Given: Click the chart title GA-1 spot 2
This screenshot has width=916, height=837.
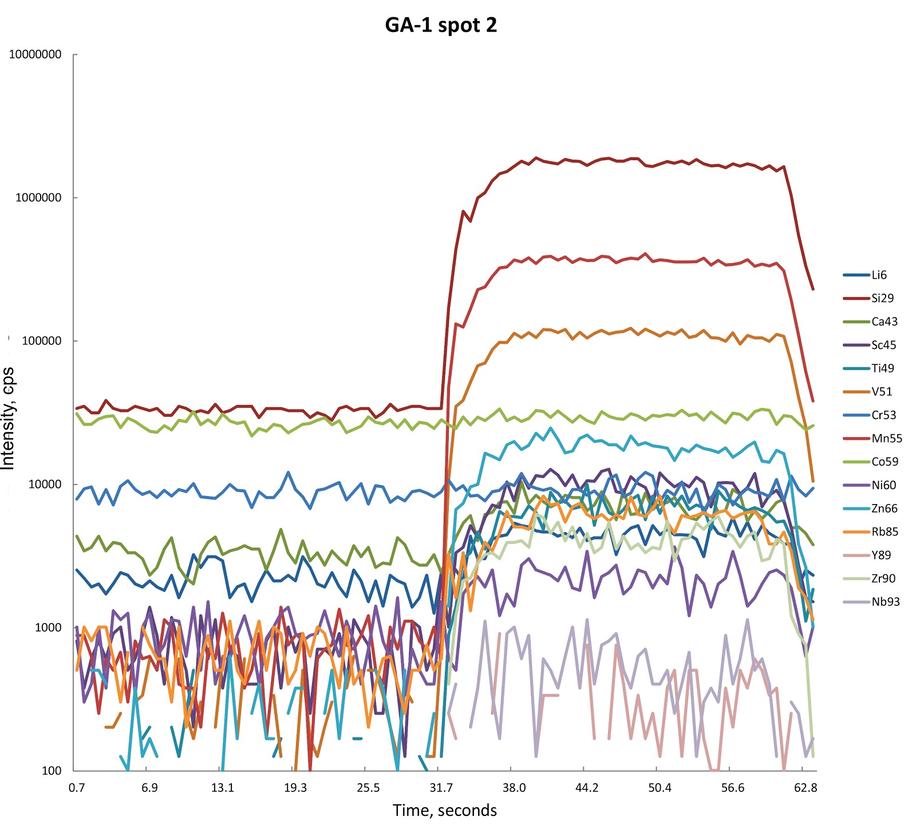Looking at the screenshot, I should (x=441, y=26).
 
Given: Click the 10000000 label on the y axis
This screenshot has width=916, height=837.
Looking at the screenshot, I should (x=35, y=55).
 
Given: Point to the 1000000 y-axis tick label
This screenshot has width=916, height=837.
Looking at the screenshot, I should (x=38, y=198).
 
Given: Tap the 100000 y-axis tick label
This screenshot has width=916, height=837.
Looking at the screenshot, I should (x=41, y=341).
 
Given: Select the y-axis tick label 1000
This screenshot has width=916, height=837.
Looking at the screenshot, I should (x=48, y=628).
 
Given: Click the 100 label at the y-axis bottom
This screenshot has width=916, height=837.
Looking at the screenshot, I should (x=52, y=771).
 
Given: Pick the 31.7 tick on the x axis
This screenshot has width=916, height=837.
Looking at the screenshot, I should (x=441, y=788).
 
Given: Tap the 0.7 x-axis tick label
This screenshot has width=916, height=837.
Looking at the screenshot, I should (x=77, y=788).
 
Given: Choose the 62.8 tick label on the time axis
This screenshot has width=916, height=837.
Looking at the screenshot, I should (x=806, y=788).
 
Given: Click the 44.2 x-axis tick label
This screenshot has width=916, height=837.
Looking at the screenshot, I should (x=587, y=788).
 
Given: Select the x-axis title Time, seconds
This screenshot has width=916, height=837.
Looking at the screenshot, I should (x=445, y=810).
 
